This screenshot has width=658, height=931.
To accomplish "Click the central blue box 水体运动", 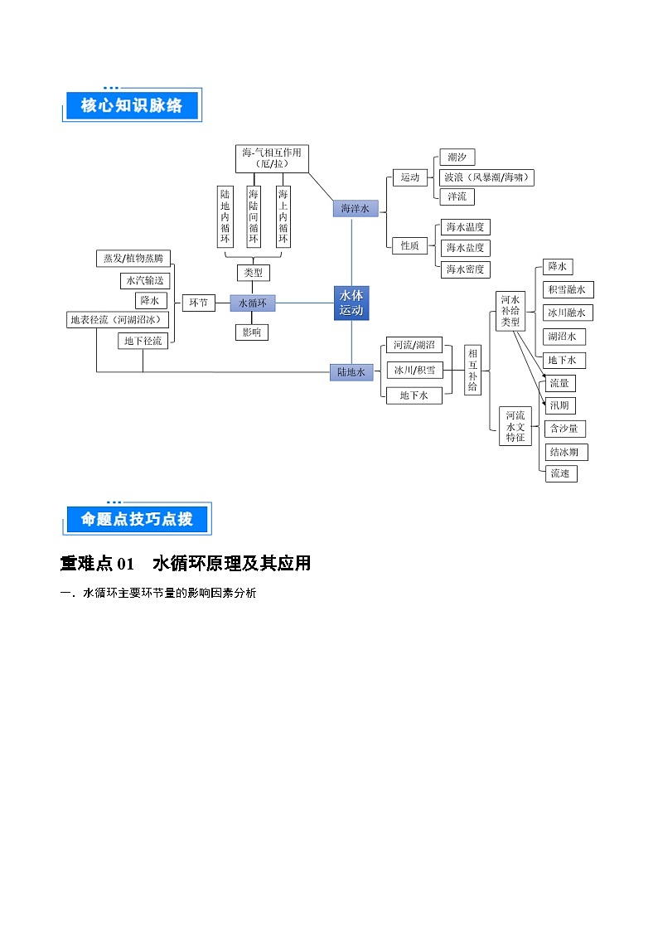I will click(351, 303).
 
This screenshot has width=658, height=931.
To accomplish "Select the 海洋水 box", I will click(355, 209).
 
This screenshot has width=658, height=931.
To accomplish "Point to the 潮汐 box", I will click(456, 158).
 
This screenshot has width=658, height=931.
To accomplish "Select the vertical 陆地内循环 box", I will click(224, 216).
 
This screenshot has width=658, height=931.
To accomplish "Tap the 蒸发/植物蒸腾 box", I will click(133, 259).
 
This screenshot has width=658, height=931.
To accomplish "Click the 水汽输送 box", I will click(144, 280).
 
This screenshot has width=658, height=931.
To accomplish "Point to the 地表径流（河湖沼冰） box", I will click(119, 320).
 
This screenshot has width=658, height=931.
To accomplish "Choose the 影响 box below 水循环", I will click(251, 332).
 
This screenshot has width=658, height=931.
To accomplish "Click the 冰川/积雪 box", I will click(414, 370).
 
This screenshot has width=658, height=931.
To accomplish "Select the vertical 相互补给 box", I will click(472, 370).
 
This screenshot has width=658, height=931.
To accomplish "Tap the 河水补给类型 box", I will click(510, 311).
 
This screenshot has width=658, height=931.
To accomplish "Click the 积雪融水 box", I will click(568, 290).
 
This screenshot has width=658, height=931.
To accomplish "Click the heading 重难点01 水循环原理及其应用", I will click(186, 564).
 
